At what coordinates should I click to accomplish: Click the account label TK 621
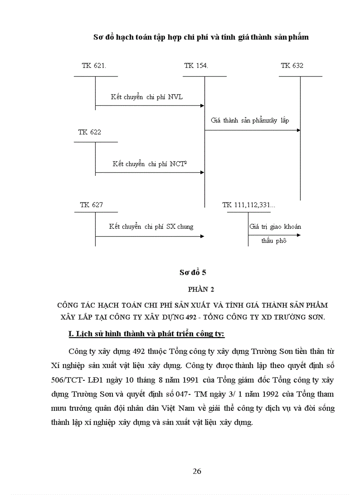tap(94, 66)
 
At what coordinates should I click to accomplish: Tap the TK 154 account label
tap(196, 66)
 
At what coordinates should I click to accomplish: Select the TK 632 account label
tap(292, 66)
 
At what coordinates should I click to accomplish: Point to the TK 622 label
tap(90, 132)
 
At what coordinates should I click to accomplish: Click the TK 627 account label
tap(91, 205)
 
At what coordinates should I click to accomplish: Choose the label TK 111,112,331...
tap(249, 205)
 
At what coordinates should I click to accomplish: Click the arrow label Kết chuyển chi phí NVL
tap(147, 97)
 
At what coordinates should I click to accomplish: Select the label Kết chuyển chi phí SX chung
tap(151, 227)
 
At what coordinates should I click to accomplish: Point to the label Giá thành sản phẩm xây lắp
tap(250, 120)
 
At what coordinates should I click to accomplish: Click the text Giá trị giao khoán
tap(275, 227)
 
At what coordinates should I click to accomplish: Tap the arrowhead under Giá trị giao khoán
tap(299, 235)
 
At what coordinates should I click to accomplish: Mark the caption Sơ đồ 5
tap(190, 272)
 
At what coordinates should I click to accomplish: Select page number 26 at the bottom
tap(197, 471)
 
